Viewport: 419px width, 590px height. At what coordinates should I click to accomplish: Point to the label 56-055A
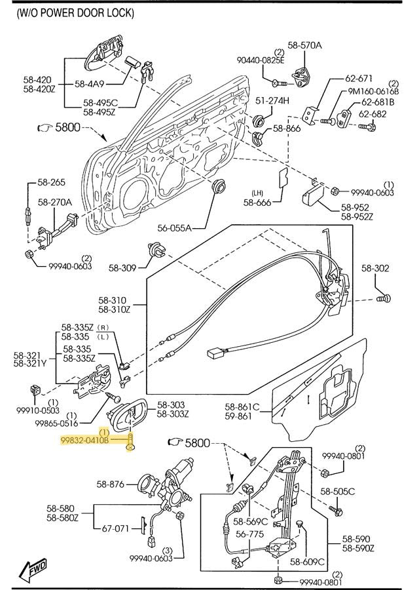point(175,228)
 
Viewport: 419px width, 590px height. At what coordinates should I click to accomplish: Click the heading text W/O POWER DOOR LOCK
point(75,12)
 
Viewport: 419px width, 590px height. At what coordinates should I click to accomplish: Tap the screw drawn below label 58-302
point(384,298)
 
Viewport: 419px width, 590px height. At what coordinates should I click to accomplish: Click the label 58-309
point(122,267)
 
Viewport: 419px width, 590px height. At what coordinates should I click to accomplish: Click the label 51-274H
point(272,100)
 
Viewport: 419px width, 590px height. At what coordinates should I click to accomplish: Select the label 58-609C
point(307,561)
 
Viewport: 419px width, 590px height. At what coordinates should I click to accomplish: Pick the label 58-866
point(287,128)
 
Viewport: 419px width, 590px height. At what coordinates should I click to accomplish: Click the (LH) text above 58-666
point(258,192)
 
